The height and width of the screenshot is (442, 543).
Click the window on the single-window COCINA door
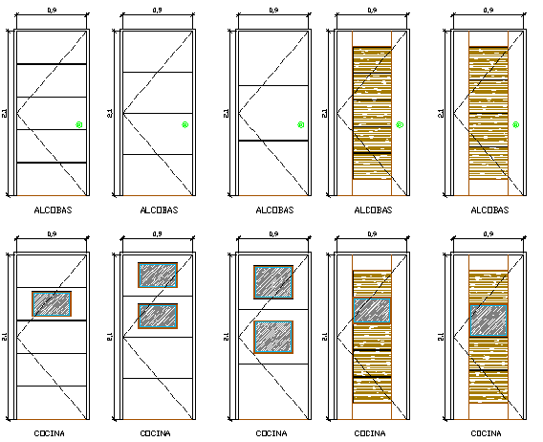coord(52,304)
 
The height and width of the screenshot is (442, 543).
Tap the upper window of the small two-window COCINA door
coord(158,276)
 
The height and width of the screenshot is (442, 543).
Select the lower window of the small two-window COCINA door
coord(158,316)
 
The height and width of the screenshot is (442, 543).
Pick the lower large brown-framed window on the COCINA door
coord(272,337)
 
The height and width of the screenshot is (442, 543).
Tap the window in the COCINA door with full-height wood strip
coord(488,320)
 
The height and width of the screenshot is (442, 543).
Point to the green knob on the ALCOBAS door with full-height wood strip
coord(515,124)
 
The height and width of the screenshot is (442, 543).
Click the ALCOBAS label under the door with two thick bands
coord(53,210)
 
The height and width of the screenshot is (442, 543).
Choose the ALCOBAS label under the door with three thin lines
coord(159,210)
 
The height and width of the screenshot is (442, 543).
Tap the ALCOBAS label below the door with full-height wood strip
coord(489,210)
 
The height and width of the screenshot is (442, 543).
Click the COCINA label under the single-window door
coord(50,433)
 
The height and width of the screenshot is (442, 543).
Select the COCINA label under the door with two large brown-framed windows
coord(272,433)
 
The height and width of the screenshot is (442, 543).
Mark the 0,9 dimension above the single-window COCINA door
coord(52,234)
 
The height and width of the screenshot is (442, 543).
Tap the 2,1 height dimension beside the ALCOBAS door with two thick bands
coord(5,113)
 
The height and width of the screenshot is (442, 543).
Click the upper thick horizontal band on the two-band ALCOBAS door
coord(52,64)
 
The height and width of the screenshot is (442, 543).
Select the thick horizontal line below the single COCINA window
coord(52,320)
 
